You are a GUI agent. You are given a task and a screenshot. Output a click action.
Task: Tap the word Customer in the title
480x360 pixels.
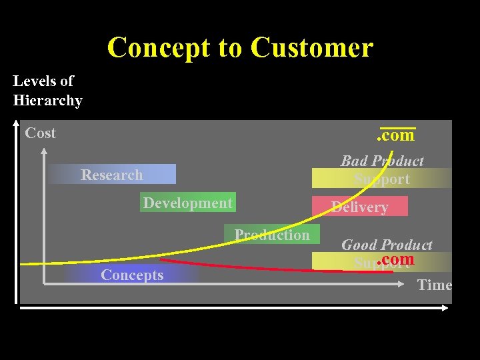(x=312, y=48)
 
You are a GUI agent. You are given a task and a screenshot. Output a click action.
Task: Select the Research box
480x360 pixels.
(x=112, y=175)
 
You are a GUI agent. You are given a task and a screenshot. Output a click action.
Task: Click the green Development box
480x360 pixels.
(x=187, y=203)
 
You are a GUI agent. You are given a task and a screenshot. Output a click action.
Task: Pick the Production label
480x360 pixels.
(x=272, y=235)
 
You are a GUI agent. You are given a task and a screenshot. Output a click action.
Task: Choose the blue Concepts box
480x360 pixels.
(x=132, y=275)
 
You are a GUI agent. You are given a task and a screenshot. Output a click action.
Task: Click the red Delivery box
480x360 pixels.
(x=360, y=207)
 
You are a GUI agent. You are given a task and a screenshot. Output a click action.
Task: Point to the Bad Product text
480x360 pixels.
(x=382, y=161)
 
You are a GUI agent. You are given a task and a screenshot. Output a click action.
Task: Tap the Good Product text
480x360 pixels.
(x=387, y=245)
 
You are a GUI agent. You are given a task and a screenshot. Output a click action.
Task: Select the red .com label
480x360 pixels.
(x=395, y=259)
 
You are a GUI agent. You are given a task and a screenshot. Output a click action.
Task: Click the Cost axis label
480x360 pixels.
(x=40, y=133)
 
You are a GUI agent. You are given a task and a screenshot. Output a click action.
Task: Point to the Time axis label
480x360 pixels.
(x=434, y=285)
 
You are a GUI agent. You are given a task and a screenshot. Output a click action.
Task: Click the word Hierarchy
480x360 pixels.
(x=47, y=101)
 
